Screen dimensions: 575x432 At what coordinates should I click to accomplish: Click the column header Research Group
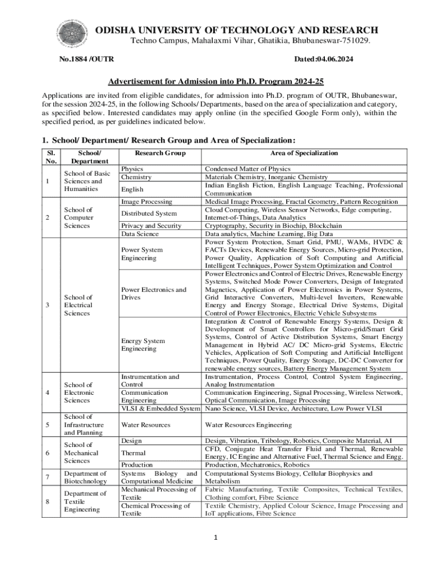(x=160, y=153)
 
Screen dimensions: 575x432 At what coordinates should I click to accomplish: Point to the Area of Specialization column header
(x=304, y=153)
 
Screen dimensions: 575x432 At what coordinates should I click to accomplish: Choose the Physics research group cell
(x=132, y=168)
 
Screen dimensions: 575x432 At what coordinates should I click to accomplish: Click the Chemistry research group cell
(x=136, y=177)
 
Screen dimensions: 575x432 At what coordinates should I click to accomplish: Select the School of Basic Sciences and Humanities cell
(x=87, y=181)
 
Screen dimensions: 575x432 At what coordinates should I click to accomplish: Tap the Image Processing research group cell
(x=146, y=201)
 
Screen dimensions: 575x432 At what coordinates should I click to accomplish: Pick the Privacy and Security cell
(x=151, y=226)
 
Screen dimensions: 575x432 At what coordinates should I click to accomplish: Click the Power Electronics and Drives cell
(x=154, y=293)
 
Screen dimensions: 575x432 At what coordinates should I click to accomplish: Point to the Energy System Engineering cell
(x=143, y=345)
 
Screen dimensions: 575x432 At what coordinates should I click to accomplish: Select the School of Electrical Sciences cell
(x=78, y=305)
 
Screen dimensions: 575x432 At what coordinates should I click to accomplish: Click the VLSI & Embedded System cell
(x=160, y=408)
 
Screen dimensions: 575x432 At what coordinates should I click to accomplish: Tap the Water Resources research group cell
(x=145, y=425)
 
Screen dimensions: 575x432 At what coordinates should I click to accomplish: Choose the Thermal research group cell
(x=134, y=453)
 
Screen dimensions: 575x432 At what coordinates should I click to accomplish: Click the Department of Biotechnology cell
(x=86, y=477)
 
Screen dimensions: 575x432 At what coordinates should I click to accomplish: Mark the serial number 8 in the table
(x=48, y=501)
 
